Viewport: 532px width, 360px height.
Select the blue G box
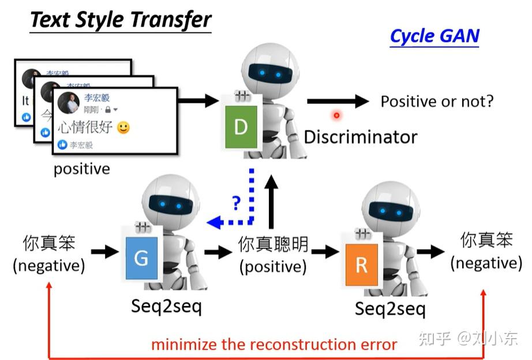coord(141,257)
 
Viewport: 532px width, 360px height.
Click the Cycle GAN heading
coord(434,36)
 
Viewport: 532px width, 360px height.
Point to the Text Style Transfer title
coord(121,20)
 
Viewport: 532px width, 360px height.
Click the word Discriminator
coord(360,137)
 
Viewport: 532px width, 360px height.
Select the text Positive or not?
coord(437,102)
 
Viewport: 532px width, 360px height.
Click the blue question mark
coord(236,202)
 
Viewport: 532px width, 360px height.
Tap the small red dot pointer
coord(336,115)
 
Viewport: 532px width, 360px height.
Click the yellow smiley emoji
coord(123,127)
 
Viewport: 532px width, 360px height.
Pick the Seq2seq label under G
coord(166,306)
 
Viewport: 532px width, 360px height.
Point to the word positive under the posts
coord(81,169)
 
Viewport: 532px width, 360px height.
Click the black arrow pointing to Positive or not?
coord(337,102)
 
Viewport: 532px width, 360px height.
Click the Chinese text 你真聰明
coord(274,245)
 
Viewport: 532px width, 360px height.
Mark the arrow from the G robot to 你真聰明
coord(218,252)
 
